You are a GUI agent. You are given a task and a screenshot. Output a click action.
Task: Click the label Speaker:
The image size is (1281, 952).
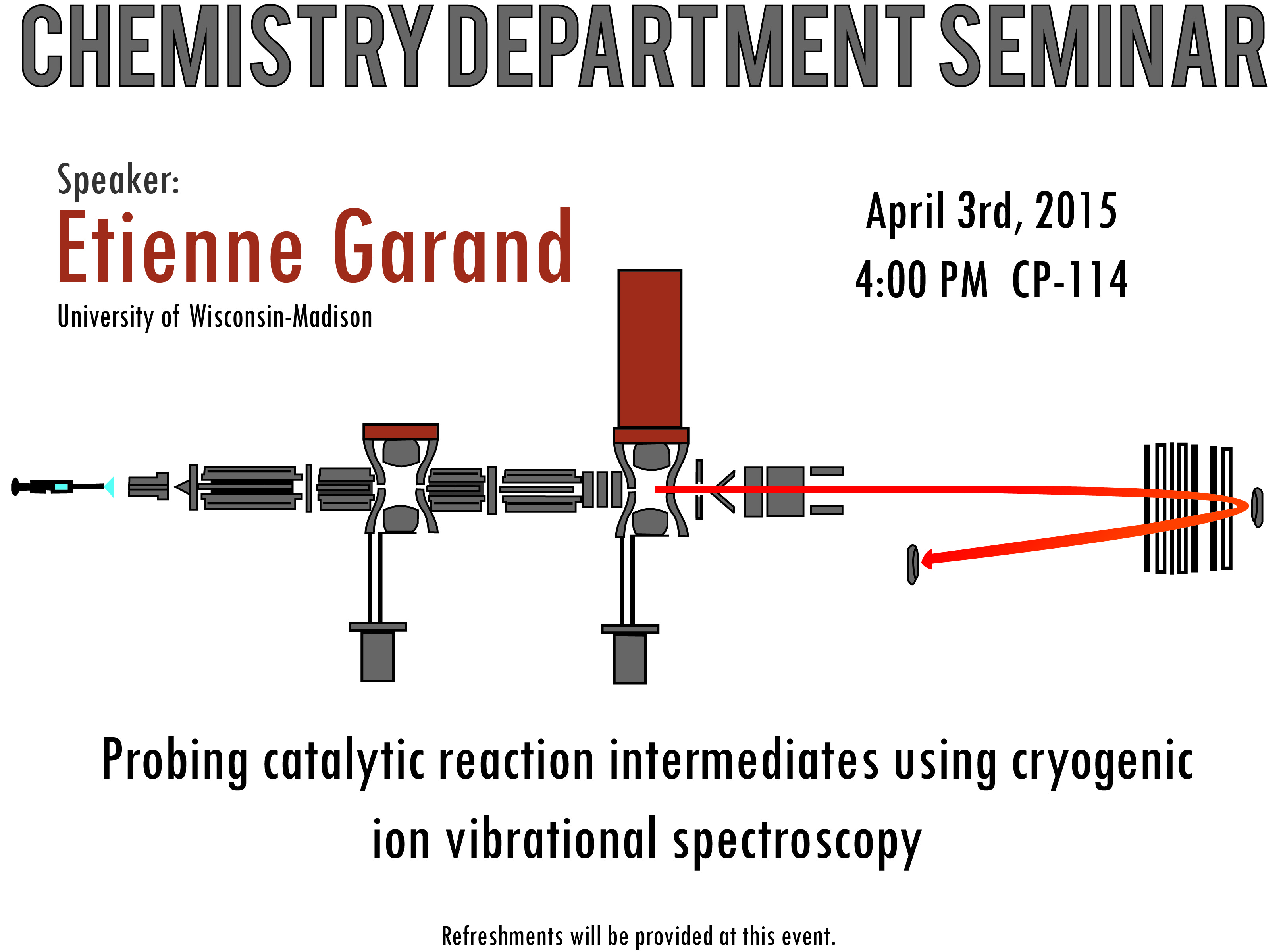point(118,180)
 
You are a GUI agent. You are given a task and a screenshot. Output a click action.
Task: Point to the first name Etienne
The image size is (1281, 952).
point(180,247)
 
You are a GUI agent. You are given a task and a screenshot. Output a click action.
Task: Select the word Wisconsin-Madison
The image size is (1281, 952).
point(281,317)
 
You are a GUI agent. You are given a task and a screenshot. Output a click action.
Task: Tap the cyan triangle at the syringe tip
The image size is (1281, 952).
point(110,487)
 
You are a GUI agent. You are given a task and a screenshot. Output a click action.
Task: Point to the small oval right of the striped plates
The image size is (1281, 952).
point(1257,507)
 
